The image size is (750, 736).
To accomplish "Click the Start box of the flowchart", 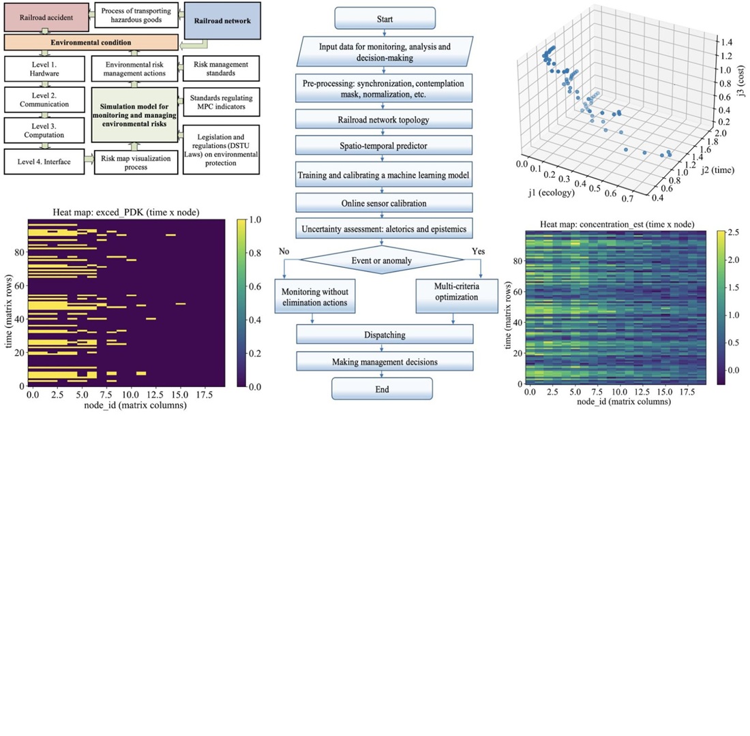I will (385, 18).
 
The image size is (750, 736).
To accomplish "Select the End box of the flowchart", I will (382, 388).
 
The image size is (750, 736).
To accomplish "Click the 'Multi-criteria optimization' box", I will (453, 295).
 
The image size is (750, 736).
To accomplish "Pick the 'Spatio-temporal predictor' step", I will (384, 145).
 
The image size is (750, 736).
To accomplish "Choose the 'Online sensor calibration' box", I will (384, 202).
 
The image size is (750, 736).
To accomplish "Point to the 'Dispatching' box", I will (385, 335).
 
